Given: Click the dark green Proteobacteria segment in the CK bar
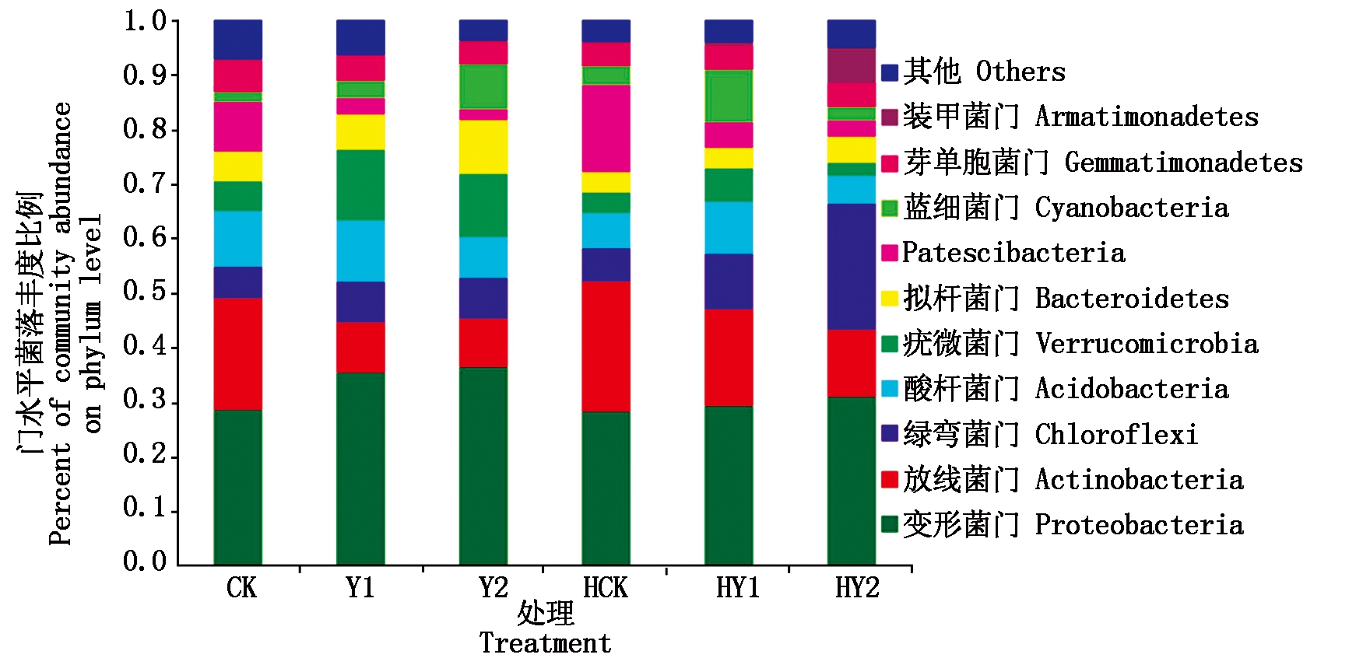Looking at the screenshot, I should point(237,486).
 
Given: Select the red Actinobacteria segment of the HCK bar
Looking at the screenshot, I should point(606,346).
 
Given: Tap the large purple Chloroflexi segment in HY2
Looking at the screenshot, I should point(851,266).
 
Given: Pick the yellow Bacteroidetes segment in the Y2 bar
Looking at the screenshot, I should point(483,146).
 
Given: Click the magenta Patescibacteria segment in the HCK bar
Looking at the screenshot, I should point(606,128).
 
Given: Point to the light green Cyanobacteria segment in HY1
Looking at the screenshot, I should point(729,96).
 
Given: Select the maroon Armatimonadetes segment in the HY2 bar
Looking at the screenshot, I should point(851,65).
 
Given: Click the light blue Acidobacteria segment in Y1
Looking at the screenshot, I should point(360,250).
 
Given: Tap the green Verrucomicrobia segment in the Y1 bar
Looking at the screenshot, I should point(360,184).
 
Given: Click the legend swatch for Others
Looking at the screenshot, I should point(890,73).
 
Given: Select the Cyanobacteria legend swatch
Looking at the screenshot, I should point(890,208).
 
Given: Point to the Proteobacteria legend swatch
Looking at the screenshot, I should point(890,524).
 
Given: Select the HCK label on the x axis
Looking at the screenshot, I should point(605,588).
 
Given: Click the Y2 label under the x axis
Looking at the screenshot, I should point(494,588).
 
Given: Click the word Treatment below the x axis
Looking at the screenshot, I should point(545,644).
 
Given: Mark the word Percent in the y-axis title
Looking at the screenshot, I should point(60,495).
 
